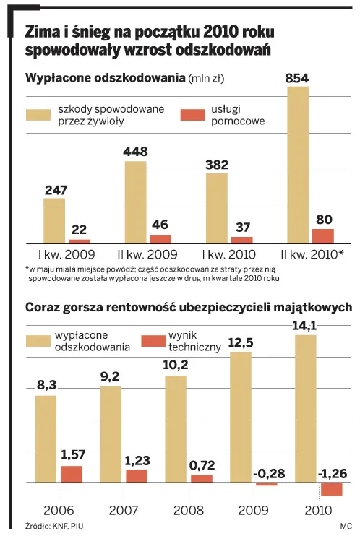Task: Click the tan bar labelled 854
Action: coord(299,165)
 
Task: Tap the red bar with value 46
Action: coord(160,238)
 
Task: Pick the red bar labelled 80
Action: coord(322,235)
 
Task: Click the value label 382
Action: coord(217,164)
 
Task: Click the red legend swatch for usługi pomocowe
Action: coord(192,114)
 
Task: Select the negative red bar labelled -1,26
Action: coord(331,489)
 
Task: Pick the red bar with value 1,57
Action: coord(71,474)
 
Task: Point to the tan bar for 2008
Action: coord(176,429)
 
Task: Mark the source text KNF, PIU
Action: coord(53,527)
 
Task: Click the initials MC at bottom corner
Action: coord(344,527)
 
